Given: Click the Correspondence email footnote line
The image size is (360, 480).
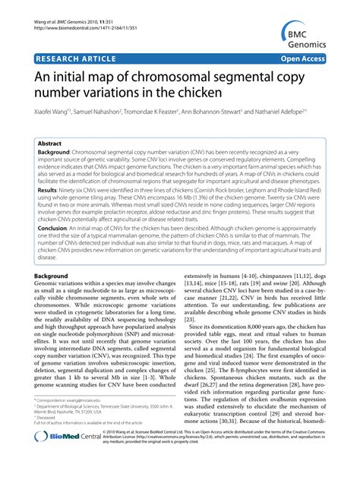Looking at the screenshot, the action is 71,421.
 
